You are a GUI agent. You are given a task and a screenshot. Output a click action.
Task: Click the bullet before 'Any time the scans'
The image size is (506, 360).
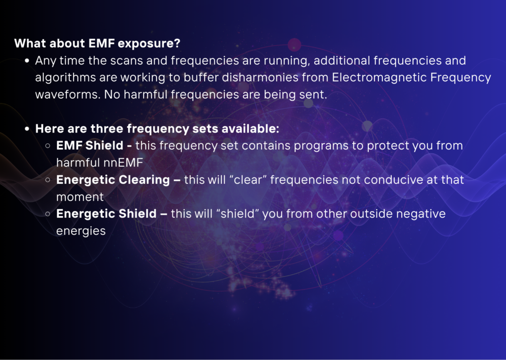27,61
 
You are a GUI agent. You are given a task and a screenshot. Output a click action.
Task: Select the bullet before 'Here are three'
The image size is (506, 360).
27,129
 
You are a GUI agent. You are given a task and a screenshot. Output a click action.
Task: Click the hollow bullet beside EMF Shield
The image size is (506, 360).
48,145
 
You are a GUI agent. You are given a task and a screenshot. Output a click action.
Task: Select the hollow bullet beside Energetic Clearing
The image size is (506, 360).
48,180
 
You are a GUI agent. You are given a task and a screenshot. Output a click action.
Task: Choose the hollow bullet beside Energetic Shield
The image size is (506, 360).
48,214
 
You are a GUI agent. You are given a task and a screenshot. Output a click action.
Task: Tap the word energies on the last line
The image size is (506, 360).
81,231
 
